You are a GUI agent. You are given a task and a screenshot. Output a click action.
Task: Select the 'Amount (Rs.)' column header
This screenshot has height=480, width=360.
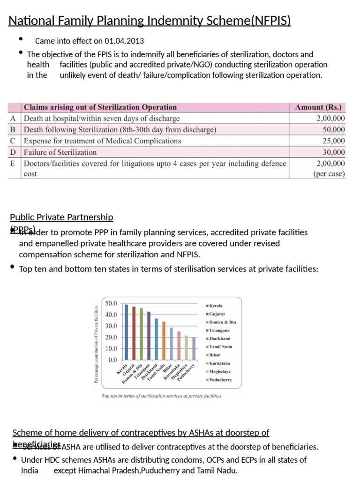point(318,107)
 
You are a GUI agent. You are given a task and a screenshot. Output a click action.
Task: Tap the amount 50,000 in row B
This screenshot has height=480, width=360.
point(334,129)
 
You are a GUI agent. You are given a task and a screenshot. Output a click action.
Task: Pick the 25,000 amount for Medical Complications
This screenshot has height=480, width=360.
point(334,141)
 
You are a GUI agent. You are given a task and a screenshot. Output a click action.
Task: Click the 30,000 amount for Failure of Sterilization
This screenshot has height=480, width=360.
point(334,152)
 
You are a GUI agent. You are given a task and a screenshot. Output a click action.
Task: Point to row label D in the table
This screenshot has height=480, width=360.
point(14,152)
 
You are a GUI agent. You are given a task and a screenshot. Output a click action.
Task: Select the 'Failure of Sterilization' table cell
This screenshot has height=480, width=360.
point(60,152)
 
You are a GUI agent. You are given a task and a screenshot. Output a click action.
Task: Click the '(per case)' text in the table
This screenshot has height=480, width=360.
point(329,174)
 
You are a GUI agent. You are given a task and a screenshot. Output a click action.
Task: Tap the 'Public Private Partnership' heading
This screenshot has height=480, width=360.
point(61,217)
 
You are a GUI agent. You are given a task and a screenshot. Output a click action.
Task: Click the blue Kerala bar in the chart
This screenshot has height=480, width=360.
point(126,332)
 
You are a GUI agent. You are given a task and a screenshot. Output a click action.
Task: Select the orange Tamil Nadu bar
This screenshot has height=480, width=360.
point(164,341)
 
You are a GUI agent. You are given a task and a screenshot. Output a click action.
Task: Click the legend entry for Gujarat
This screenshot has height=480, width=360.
point(217,314)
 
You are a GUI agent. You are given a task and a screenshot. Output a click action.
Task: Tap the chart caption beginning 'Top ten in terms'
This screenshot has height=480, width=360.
point(162,396)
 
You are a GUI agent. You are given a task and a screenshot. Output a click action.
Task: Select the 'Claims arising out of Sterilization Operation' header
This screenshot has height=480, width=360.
point(100,107)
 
